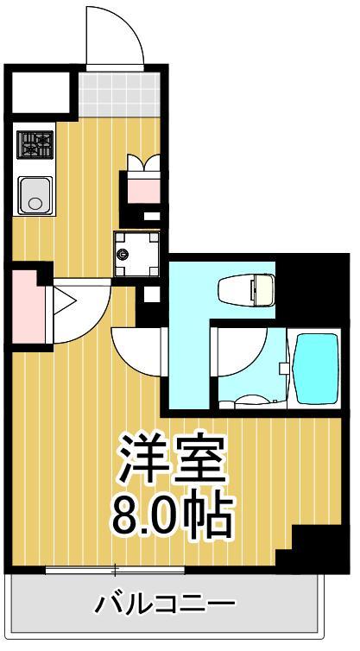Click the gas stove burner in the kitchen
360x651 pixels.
point(35,143)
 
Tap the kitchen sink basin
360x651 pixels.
point(35,195)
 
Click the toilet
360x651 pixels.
point(245,289)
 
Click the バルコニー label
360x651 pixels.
point(166,602)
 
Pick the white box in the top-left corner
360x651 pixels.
point(39,90)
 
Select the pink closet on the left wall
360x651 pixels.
point(28,306)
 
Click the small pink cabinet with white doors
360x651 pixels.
point(142,181)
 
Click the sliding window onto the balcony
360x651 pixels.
point(116,570)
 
